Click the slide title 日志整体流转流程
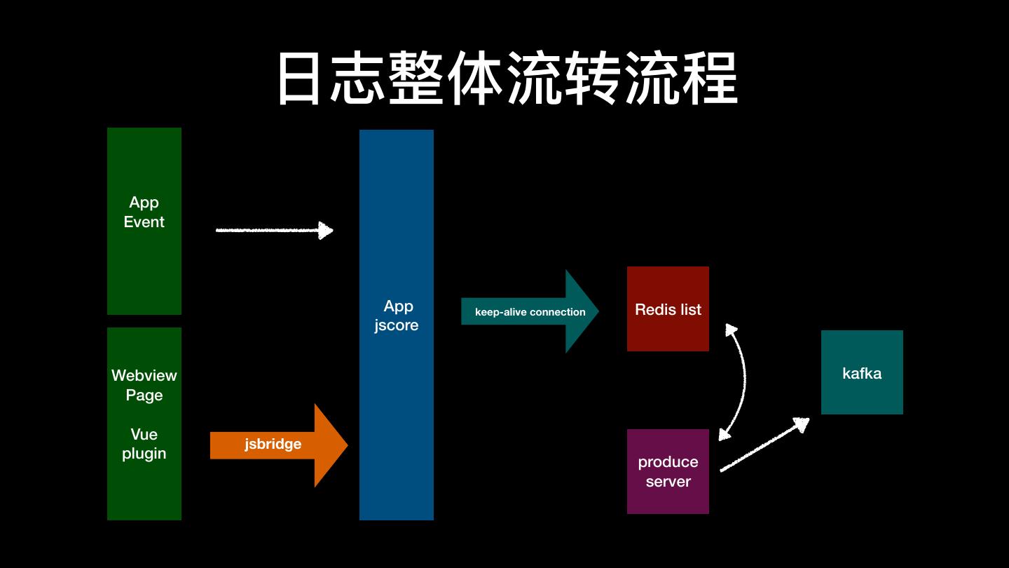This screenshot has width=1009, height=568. pos(507,78)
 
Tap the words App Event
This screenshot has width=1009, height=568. pos(144,212)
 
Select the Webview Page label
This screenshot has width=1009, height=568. pos(144,385)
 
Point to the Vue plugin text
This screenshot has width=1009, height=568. pos(144,444)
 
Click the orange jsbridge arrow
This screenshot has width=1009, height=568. pos(279,445)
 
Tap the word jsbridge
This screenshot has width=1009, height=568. pos(273,444)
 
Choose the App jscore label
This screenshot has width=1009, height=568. pos(397,316)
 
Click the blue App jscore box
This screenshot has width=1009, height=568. pos(397,325)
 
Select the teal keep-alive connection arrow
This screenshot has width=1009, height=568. pos(530,311)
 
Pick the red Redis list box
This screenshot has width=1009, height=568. pos(668,309)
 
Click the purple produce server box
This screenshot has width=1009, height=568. pos(668,471)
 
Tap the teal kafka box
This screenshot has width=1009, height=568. pos(862,372)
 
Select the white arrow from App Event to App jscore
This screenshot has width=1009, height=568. pos(275,230)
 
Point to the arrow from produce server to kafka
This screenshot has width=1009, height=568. pos(764,445)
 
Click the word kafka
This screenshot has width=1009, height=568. pos(862,373)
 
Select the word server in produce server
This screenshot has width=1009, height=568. pos(668,482)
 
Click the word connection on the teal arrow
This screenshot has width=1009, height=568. pos(558,312)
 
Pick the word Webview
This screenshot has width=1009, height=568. pos(144,376)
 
